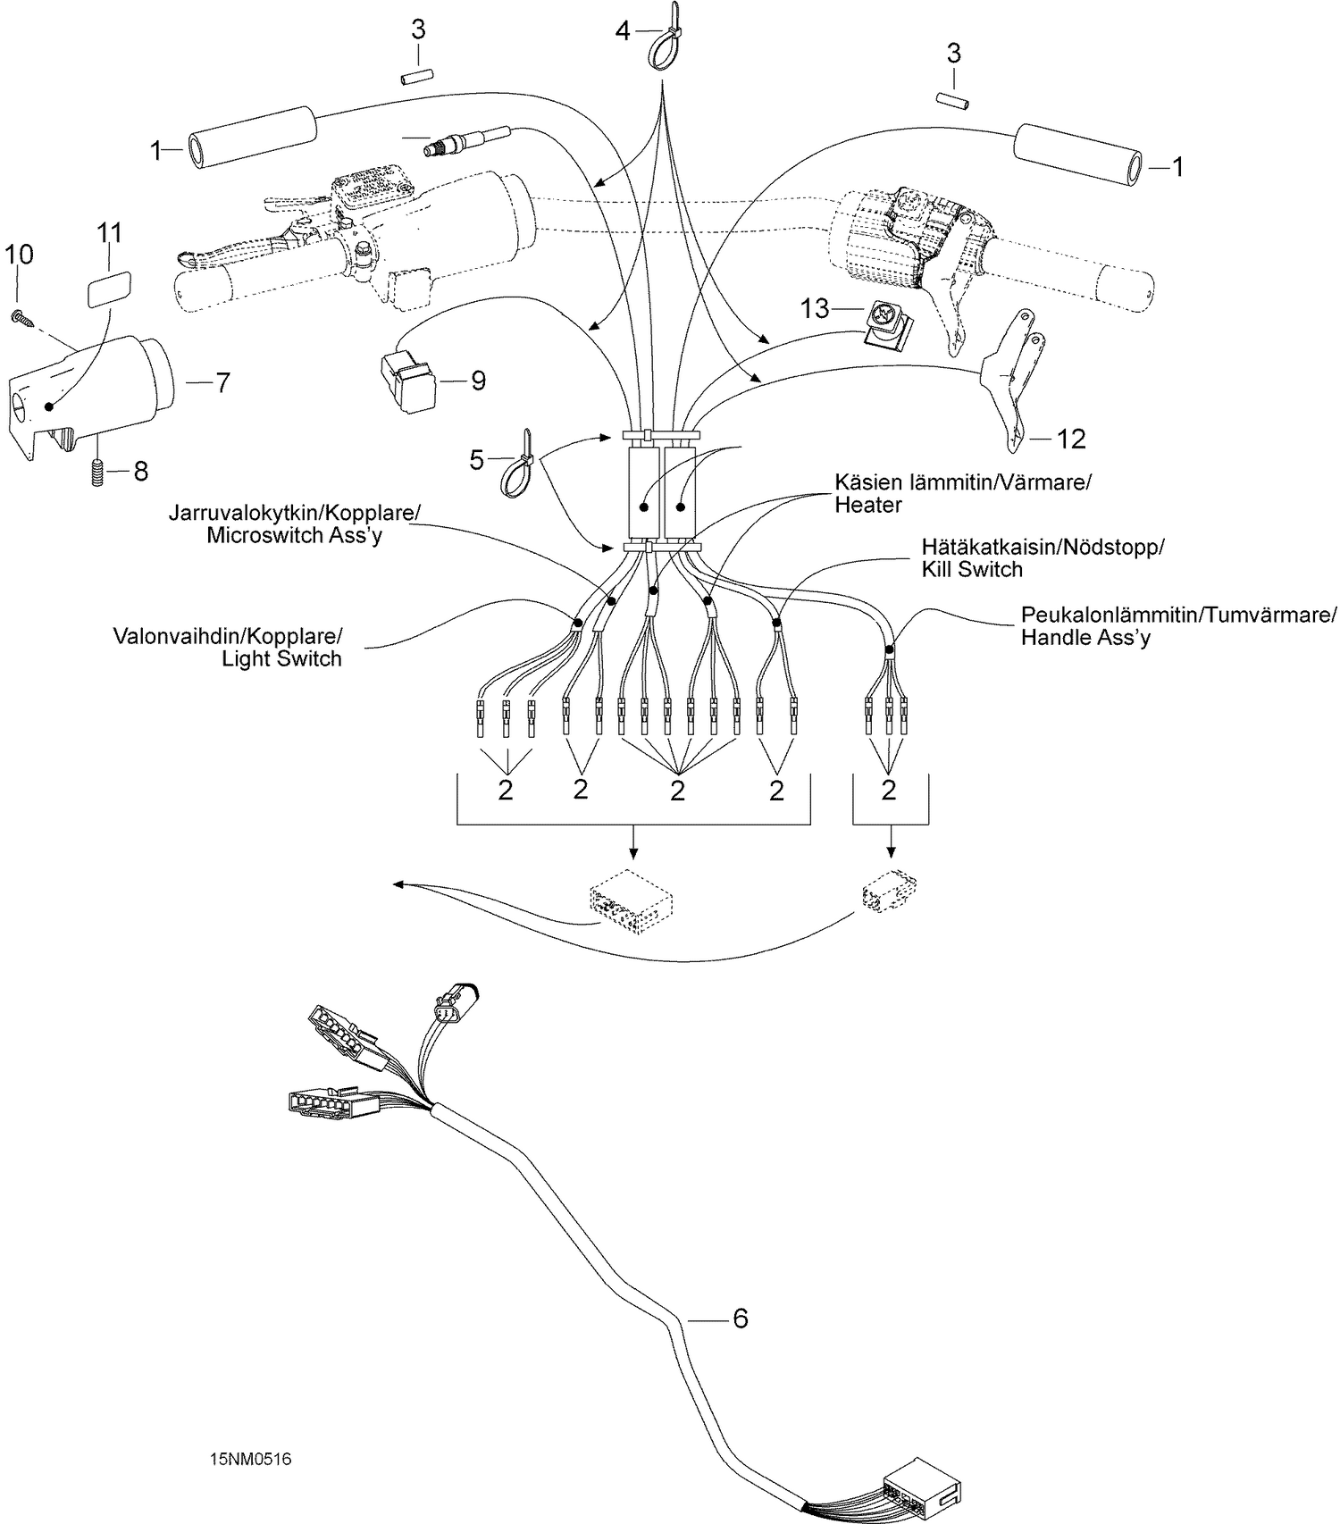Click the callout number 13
coord(816,309)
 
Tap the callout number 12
coord(1071,439)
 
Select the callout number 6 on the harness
coord(740,1318)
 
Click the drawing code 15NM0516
coord(251,1460)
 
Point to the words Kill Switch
coord(972,569)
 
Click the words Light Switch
coord(282,659)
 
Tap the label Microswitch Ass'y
coord(294,537)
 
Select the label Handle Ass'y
coord(1085,638)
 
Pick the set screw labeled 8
coord(96,471)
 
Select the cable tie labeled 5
coord(517,463)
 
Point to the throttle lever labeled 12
coord(1012,375)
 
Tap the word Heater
coord(868,505)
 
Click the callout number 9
coord(478,381)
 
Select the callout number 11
coord(109,233)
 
